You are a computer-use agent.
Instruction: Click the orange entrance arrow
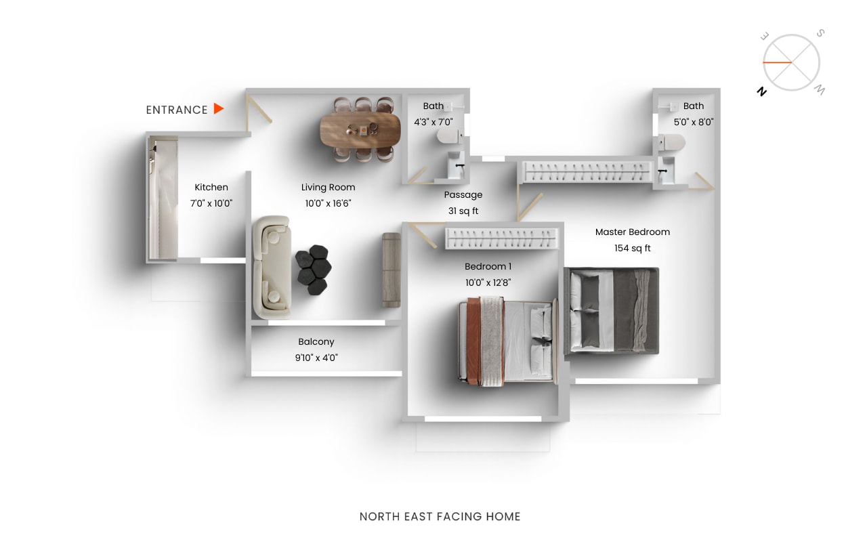point(219,108)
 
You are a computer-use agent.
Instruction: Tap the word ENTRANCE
point(177,110)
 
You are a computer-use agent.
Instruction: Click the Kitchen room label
point(211,187)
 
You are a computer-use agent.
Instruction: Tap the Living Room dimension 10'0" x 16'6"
point(328,203)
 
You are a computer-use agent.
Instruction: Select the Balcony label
point(316,342)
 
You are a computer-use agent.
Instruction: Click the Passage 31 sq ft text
point(463,211)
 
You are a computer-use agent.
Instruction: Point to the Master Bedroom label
point(632,232)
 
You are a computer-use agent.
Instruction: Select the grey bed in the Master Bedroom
point(611,311)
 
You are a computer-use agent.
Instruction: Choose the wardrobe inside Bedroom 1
point(502,238)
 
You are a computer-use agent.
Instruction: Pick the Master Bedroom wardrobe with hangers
point(587,170)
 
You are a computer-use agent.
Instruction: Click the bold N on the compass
point(762,92)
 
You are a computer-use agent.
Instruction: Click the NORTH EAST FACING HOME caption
point(440,517)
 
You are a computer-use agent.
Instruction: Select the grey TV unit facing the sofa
point(392,270)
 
